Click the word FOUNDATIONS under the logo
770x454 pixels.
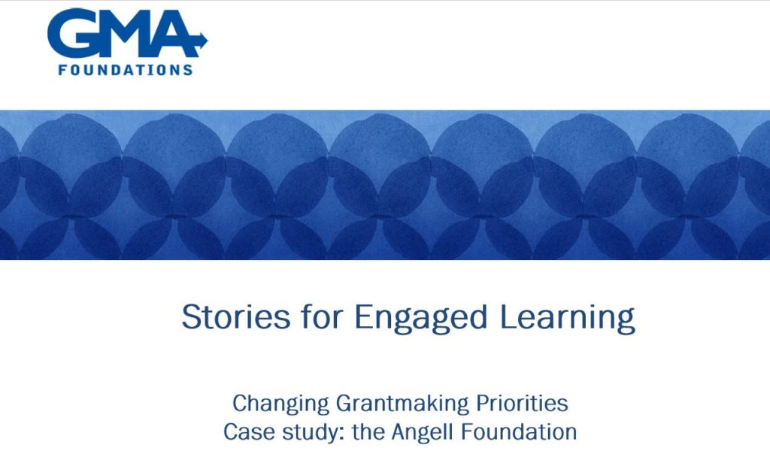126,70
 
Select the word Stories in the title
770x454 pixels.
236,317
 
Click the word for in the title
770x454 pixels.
321,316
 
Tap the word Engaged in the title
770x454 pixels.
420,319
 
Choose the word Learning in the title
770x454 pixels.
567,319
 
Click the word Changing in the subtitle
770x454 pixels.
281,404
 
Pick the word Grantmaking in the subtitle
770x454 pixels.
403,404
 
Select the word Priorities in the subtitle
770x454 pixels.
522,403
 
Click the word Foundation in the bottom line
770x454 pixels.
520,432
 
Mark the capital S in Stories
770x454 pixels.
192,317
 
